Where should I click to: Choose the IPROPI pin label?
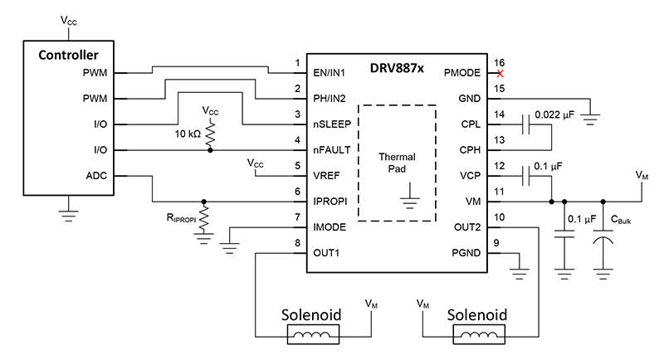[x=331, y=202]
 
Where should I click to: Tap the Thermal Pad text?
[x=397, y=163]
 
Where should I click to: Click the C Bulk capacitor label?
[x=622, y=220]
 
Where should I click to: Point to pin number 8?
[x=296, y=242]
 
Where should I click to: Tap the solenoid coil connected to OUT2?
[x=475, y=335]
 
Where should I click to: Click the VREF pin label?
[x=327, y=176]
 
